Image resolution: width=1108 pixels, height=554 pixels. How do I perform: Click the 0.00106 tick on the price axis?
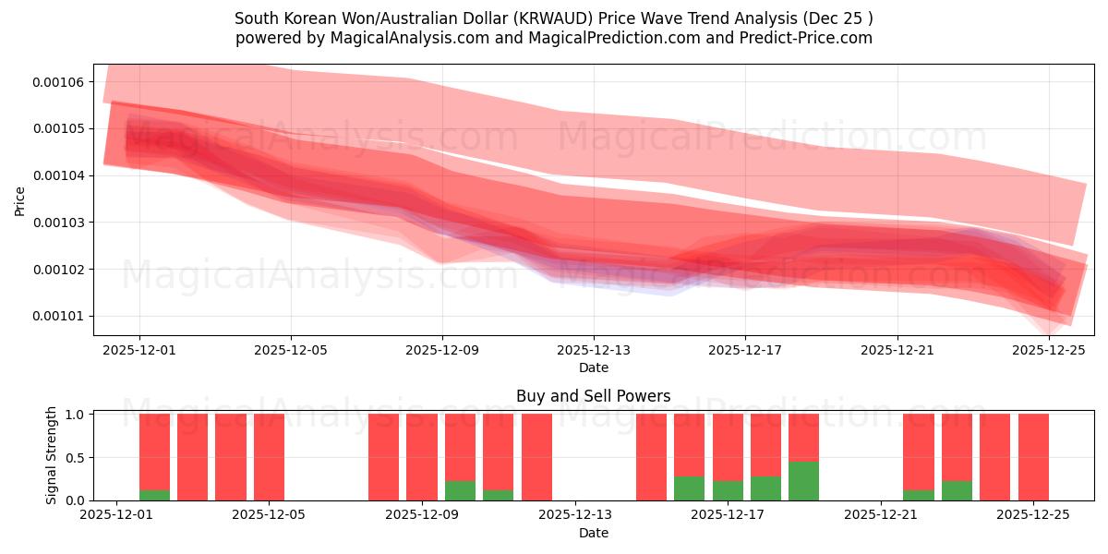tap(57, 82)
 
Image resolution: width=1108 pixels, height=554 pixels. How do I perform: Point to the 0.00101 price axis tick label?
tap(57, 316)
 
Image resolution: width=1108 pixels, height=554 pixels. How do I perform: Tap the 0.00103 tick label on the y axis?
tap(57, 223)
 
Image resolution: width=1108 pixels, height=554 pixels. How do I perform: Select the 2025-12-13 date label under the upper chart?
tap(594, 351)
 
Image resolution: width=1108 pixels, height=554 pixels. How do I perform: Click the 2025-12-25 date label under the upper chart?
tap(1049, 351)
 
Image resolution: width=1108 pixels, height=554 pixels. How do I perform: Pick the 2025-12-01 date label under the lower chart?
tap(116, 515)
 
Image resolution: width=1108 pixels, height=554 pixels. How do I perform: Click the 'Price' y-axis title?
tap(20, 200)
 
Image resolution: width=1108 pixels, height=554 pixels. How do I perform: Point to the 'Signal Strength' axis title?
tap(52, 455)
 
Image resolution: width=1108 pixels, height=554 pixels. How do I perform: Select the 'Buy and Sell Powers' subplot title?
tap(593, 396)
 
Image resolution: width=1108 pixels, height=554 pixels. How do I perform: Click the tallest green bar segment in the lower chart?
tap(803, 480)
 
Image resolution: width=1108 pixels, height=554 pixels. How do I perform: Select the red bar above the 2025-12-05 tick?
tap(269, 457)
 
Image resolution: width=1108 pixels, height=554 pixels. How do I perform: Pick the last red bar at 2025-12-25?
tap(1033, 457)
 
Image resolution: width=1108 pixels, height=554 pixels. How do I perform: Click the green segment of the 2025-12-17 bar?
tap(728, 490)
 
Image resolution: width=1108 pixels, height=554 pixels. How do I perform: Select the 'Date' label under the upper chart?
tap(593, 367)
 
